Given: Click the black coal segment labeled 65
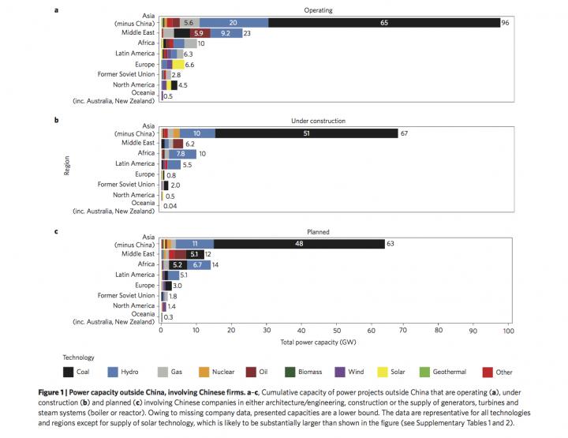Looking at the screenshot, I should pyautogui.click(x=383, y=23).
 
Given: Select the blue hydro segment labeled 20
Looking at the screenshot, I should pyautogui.click(x=234, y=23).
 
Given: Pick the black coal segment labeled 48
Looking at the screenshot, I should pyautogui.click(x=299, y=244).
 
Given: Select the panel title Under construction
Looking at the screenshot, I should pyautogui.click(x=334, y=121).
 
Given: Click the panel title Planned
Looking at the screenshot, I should pyautogui.click(x=334, y=232).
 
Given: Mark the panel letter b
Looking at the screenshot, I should pyautogui.click(x=56, y=121).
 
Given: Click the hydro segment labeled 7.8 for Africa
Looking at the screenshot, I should pyautogui.click(x=181, y=154).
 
